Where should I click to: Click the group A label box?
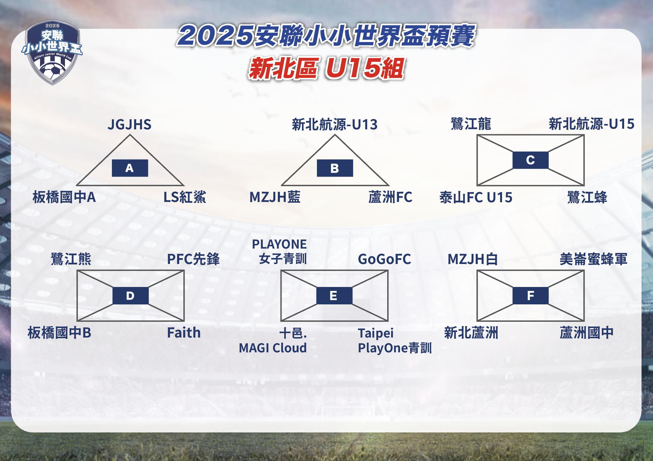pyautogui.click(x=130, y=168)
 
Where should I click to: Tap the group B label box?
pyautogui.click(x=335, y=168)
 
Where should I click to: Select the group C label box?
pyautogui.click(x=530, y=160)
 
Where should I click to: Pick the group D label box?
pyautogui.click(x=130, y=296)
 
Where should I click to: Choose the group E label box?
pyautogui.click(x=334, y=296)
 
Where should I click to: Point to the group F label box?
pyautogui.click(x=530, y=296)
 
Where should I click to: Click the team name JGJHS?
pyautogui.click(x=130, y=124)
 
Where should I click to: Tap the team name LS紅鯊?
pyautogui.click(x=185, y=197)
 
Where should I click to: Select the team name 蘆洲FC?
pyautogui.click(x=390, y=197)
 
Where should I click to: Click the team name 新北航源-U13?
pyautogui.click(x=335, y=124)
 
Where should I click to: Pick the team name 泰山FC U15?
pyautogui.click(x=476, y=197)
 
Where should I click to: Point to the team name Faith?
pyautogui.click(x=184, y=333)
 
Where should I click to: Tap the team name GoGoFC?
pyautogui.click(x=384, y=259)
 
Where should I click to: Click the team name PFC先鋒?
pyautogui.click(x=193, y=259)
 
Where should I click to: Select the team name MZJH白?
pyautogui.click(x=473, y=259)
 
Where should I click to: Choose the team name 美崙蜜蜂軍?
pyautogui.click(x=593, y=259)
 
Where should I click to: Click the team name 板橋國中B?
pyautogui.click(x=59, y=333)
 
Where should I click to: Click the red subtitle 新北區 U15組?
pyautogui.click(x=326, y=68)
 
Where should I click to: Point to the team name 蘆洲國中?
pyautogui.click(x=586, y=333)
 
